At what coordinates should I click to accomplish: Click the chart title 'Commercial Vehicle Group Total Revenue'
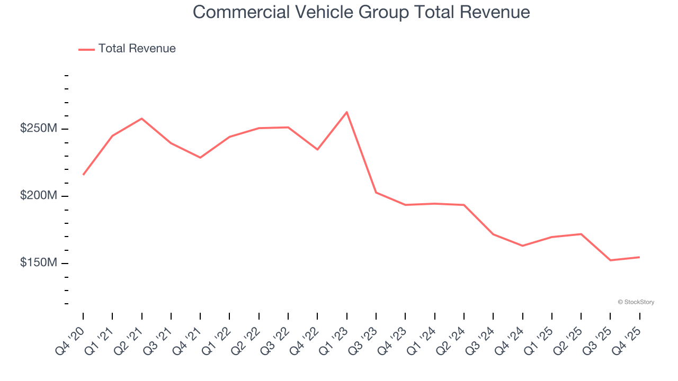tap(361, 12)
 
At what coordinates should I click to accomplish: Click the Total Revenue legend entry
tap(127, 49)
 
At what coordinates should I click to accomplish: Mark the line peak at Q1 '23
tap(347, 112)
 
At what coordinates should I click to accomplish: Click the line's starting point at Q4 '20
tap(83, 175)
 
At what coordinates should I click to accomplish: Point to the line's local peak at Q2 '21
tap(142, 119)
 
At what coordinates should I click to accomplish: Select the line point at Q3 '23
tap(376, 193)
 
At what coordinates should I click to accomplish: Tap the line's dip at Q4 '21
tap(200, 158)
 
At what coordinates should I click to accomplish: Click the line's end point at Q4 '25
tap(639, 257)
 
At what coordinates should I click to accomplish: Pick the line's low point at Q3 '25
tap(610, 260)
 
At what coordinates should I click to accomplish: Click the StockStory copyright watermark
tap(636, 302)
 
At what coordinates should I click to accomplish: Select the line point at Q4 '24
tap(522, 246)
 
